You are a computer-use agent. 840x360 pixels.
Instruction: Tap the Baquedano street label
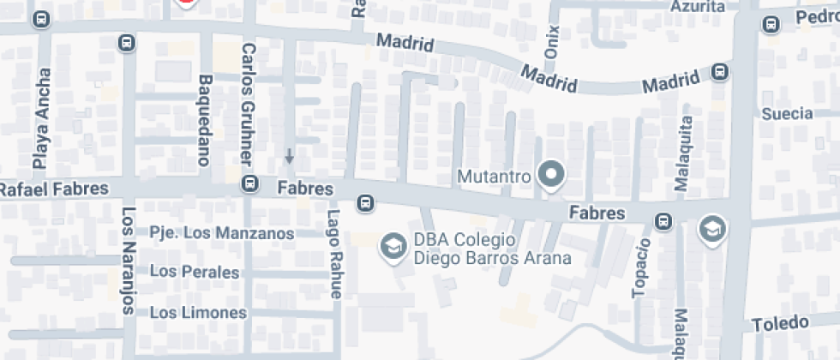204,120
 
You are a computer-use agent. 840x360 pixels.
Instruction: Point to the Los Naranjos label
128,261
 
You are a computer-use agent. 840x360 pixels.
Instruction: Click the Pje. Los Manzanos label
221,232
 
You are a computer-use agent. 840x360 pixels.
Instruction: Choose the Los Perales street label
194,272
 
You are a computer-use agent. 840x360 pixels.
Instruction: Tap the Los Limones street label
198,313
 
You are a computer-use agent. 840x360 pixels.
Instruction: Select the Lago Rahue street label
334,255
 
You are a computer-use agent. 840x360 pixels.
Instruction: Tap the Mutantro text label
495,177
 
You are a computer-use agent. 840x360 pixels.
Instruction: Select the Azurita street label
699,7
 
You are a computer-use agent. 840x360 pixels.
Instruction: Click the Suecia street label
786,113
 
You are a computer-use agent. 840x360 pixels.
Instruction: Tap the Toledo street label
780,323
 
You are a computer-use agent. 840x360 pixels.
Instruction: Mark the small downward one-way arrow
290,157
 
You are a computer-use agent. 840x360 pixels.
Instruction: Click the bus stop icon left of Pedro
770,25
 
